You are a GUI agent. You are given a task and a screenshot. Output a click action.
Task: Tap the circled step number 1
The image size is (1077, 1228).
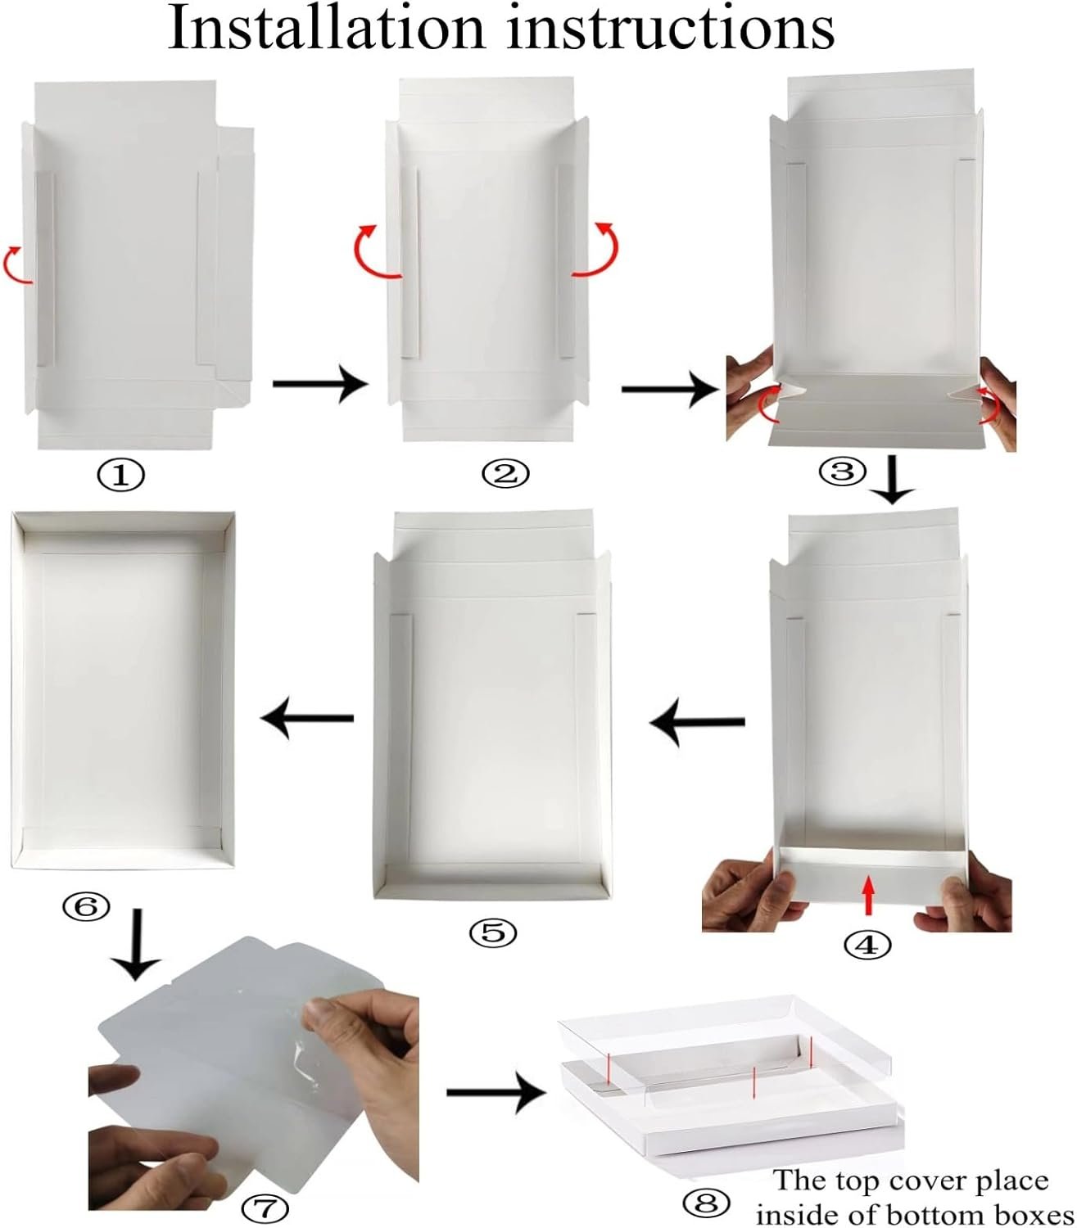121,475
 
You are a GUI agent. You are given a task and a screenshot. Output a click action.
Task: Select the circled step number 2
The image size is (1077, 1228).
505,473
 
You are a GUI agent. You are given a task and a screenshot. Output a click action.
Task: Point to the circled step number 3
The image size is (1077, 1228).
843,471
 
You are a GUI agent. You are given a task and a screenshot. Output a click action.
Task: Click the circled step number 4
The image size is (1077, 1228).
867,945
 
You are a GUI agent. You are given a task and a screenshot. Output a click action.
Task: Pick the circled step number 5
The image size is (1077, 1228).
493,932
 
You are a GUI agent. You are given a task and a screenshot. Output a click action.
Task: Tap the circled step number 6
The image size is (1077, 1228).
86,905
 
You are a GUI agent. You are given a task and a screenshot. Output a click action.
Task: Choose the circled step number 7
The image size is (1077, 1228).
265,1208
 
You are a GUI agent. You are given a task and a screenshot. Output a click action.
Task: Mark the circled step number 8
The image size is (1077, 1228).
706,1203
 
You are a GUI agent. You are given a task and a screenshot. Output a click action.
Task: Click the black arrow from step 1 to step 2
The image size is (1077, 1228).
320,383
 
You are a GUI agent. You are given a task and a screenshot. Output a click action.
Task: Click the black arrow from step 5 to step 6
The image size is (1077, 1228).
306,719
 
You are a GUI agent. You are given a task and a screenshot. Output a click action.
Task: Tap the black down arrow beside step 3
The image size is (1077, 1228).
892,483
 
